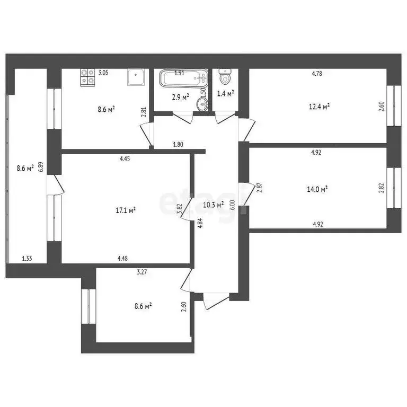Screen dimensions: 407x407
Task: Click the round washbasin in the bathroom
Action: [202, 104]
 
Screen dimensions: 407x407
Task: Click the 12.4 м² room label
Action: [320, 107]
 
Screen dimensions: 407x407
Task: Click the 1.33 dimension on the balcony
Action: [26, 259]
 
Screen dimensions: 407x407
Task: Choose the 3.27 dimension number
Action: [141, 272]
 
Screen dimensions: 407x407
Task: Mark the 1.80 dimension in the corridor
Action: [179, 144]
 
